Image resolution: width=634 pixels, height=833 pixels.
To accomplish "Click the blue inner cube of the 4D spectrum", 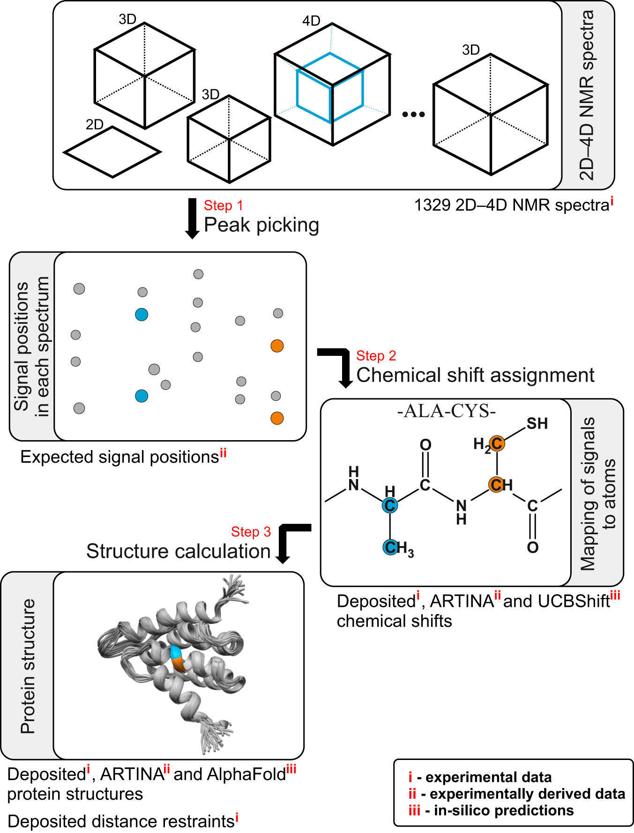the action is (x=297, y=87).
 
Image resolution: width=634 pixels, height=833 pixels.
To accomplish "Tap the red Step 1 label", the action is (x=224, y=206).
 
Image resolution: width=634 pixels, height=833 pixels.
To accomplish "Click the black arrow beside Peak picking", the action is (x=192, y=218).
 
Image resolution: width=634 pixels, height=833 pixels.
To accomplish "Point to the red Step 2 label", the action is (x=376, y=356).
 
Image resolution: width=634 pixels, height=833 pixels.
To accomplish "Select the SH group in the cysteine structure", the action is (x=537, y=424).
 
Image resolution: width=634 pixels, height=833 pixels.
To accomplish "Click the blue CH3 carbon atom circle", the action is (x=390, y=547).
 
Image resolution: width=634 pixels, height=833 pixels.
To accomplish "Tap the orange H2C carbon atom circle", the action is (x=497, y=443).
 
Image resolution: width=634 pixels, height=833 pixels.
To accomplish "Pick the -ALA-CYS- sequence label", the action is (x=446, y=411).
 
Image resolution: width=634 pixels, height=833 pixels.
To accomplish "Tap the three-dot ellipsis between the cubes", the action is (x=414, y=114).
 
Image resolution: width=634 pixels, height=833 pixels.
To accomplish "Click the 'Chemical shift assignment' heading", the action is (x=475, y=375).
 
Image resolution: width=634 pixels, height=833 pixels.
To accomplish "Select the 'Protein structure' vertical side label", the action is (x=28, y=666).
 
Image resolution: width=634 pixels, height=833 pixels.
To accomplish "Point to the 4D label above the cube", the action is (x=311, y=21).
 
